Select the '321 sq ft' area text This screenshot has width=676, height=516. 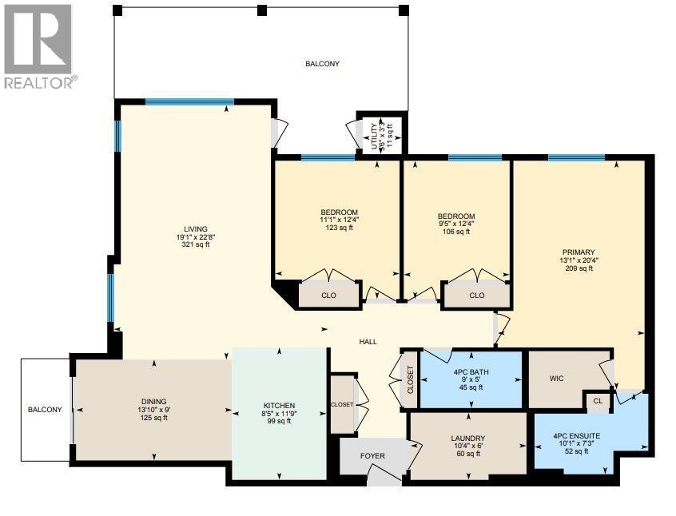pos(193,245)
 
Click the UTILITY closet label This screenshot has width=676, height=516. pos(374,135)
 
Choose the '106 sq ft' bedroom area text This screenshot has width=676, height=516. pos(456,232)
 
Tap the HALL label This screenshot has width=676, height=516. pos(368,342)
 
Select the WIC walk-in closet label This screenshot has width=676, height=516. pos(558,378)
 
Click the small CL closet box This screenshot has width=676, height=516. pos(596,400)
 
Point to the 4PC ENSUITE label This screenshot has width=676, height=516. pos(577,436)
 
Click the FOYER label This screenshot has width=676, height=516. pos(373,456)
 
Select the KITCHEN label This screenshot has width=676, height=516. pos(280,405)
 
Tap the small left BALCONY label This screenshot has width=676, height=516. pos(45,410)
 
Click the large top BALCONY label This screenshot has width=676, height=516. pos(322,64)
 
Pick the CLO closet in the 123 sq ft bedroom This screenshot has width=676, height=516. pos(328,296)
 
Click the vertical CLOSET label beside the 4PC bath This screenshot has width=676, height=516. pos(411,379)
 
